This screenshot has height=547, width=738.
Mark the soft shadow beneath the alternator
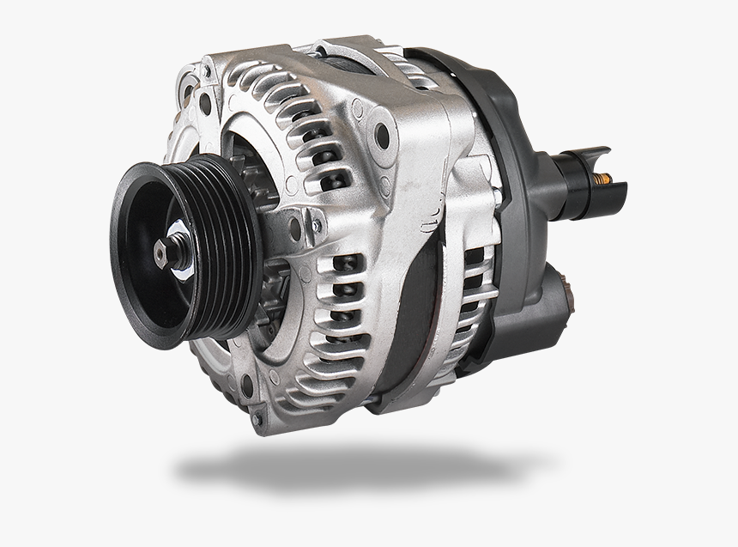coord(343,468)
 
